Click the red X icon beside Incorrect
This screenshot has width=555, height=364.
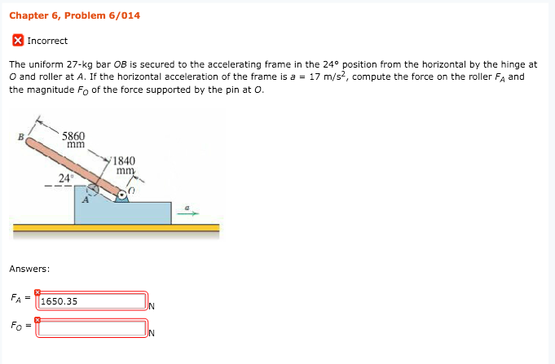18,41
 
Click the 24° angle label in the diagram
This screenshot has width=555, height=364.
66,178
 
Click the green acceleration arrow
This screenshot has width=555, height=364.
188,215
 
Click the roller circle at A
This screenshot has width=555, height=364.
93,189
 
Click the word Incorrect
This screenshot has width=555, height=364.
47,41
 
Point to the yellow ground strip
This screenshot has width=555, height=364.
114,228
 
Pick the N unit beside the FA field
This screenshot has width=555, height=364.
152,306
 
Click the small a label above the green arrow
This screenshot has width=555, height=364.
188,207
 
